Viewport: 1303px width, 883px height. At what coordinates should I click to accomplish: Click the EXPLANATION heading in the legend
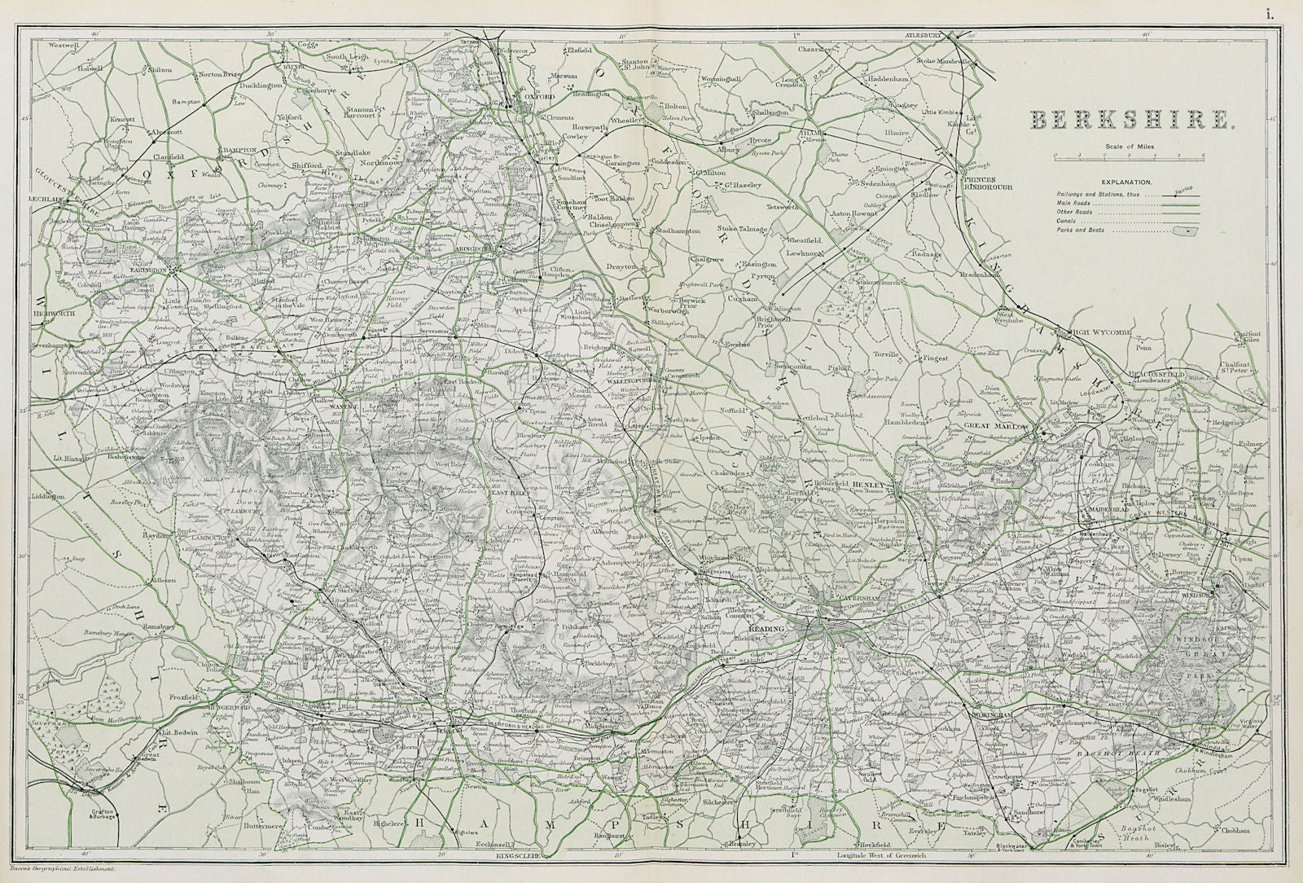point(1127,183)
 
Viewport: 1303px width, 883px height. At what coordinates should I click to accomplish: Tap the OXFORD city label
point(538,96)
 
